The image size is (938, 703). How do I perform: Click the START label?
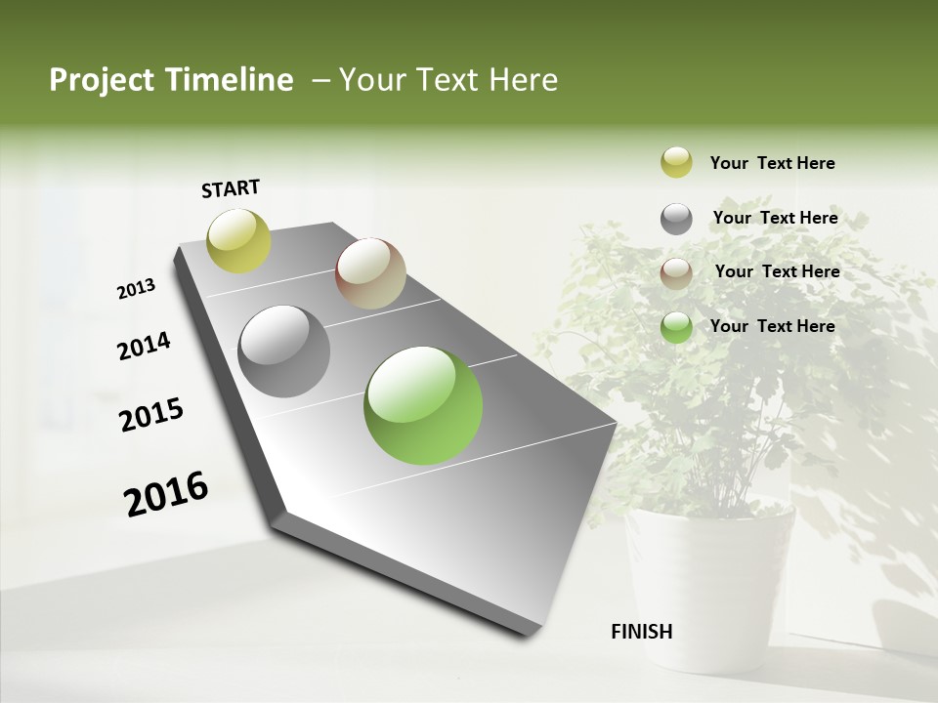point(231,188)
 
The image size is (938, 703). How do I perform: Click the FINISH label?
point(641,632)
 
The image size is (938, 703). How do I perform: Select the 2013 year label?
point(136,289)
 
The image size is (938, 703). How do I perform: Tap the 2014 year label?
point(144,347)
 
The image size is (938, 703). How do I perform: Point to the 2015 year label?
point(150,415)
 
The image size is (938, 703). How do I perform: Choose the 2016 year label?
point(166,494)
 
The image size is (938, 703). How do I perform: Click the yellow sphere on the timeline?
point(238,240)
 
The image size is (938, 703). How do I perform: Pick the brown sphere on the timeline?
point(370,273)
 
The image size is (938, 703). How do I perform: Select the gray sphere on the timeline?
point(284,351)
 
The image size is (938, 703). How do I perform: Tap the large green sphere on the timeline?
point(423,405)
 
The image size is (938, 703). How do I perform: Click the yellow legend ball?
point(676,163)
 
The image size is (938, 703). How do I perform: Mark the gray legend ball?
point(676,219)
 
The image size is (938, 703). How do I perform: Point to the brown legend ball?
point(676,272)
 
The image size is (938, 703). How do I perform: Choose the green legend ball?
point(676,327)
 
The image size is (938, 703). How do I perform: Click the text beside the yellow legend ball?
point(772,163)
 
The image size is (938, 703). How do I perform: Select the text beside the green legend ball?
point(772,326)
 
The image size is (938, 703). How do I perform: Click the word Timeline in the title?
point(230,80)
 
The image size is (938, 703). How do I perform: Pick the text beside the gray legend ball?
point(775,218)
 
